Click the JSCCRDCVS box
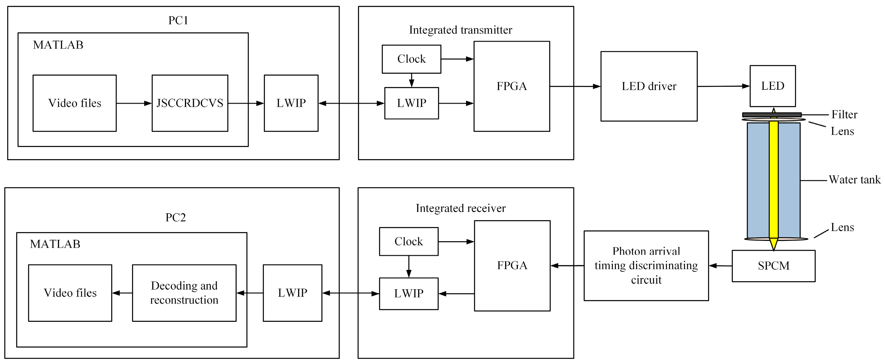190,103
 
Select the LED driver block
649,86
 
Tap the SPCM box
773,266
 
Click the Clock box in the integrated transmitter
411,59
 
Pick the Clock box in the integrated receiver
409,241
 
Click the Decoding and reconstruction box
184,293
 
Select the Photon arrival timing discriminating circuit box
646,266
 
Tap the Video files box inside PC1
75,103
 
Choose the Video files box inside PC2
70,293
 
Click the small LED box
772,86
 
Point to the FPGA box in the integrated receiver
512,265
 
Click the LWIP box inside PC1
291,103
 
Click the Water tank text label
854,180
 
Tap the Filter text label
844,114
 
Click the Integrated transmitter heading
460,30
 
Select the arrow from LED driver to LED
723,86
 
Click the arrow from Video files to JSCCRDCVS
134,103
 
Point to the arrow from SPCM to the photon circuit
720,266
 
